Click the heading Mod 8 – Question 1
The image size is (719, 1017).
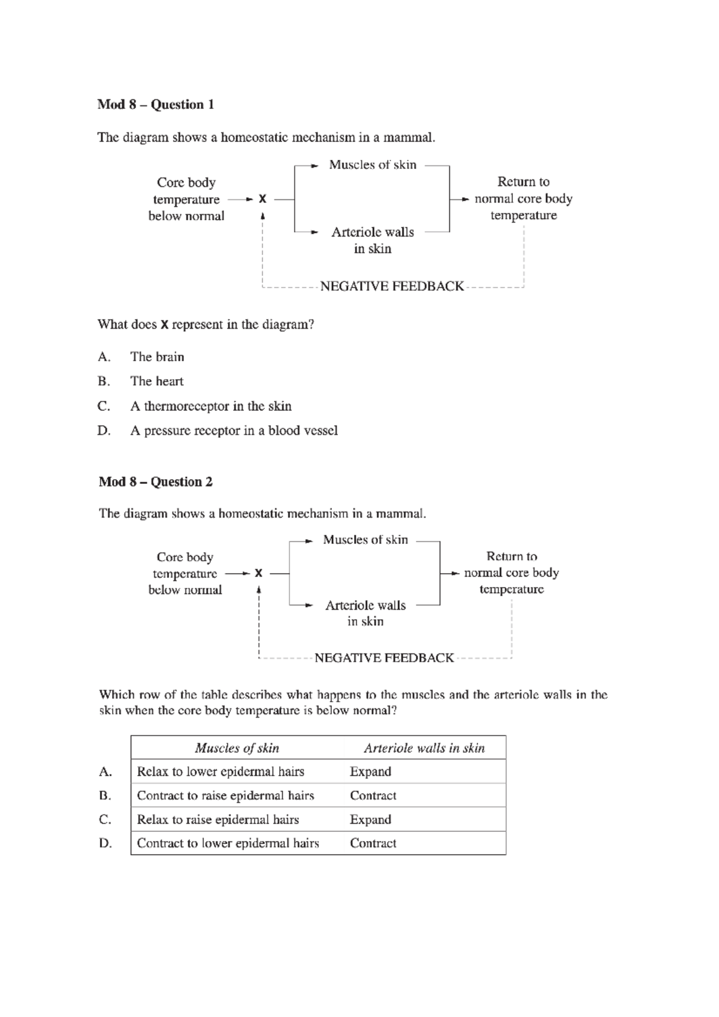tap(156, 105)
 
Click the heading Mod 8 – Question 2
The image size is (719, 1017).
tap(156, 482)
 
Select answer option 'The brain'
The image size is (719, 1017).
tap(157, 357)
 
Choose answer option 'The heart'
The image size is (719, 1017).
tap(156, 382)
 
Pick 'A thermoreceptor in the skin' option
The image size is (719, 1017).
tap(211, 407)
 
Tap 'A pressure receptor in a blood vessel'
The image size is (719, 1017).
tap(234, 431)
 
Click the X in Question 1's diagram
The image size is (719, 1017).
tap(262, 199)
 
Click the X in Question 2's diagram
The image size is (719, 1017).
tap(258, 573)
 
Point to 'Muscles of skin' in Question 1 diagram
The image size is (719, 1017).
tap(373, 165)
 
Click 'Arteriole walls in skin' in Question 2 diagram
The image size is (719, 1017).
tap(365, 613)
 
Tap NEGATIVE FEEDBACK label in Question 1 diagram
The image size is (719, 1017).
tap(392, 286)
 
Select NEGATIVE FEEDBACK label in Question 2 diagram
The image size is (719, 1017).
tap(384, 658)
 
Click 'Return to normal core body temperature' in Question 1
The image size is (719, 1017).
tap(523, 198)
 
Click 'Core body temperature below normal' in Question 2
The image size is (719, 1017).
tap(185, 574)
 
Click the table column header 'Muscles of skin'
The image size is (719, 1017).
tap(237, 748)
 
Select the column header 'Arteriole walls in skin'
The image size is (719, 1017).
tap(424, 748)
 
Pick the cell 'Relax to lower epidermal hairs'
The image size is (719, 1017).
tap(220, 771)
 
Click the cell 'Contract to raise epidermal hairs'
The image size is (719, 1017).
tap(225, 795)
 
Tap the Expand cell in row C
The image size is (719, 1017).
tap(370, 819)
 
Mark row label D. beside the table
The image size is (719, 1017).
tap(105, 843)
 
